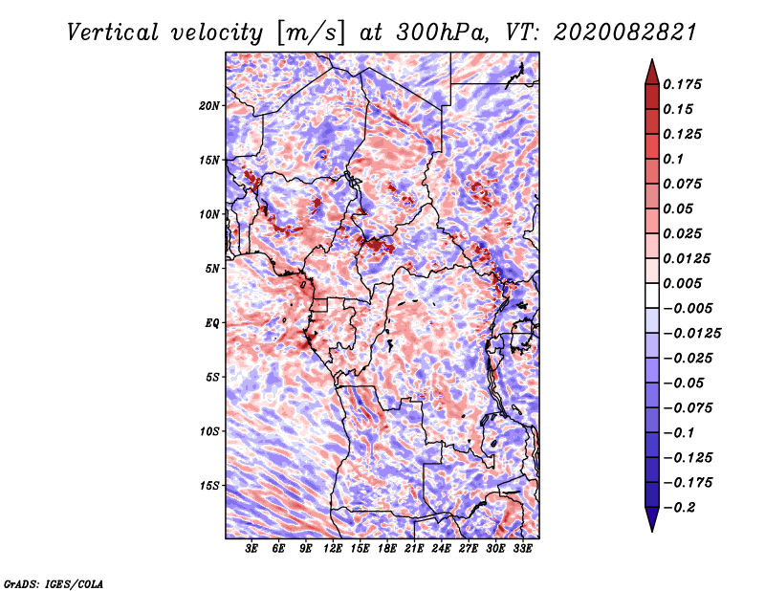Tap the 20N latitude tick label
209,105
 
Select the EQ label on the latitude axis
212,323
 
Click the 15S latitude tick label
209,486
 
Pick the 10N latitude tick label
209,214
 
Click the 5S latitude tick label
212,377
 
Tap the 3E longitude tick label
252,550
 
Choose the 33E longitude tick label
523,550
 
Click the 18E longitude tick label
387,550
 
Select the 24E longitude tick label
442,550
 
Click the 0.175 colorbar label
684,84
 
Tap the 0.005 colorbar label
684,283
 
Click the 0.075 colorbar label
684,184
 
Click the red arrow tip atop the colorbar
651,67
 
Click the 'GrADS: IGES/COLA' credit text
53,582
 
